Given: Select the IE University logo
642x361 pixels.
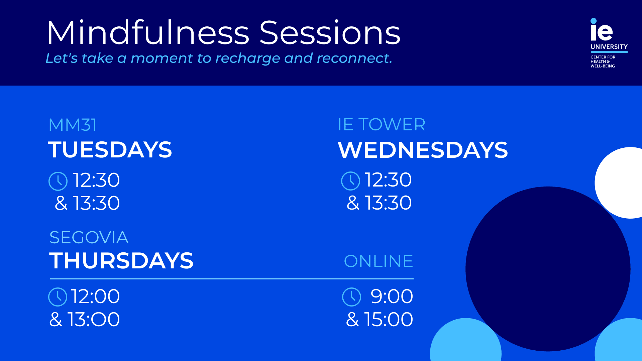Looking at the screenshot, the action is pos(609,43).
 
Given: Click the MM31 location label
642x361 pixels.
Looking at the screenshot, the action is pos(73,125).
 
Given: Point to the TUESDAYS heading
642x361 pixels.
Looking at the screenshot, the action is pos(110,149).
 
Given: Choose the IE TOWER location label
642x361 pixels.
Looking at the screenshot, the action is pos(381,125).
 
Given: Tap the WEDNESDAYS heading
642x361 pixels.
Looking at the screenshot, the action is pos(423,150).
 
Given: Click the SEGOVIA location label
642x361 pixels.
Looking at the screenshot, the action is pos(89,238).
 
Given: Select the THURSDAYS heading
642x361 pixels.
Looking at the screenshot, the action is pos(121,261).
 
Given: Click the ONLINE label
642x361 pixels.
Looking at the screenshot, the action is pos(379,261).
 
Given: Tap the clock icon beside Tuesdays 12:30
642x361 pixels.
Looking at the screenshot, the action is pos(58,181).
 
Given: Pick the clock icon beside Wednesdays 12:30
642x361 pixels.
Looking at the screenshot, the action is pos(350,181).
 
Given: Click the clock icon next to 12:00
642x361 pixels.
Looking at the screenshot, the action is pos(58,297).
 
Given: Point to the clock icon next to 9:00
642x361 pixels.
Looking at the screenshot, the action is pos(352,297).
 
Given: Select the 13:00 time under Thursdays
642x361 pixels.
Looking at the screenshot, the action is pos(94,320).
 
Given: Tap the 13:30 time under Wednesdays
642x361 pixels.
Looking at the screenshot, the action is pos(388,203).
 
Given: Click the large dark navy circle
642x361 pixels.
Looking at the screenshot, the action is pos(548,269).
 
